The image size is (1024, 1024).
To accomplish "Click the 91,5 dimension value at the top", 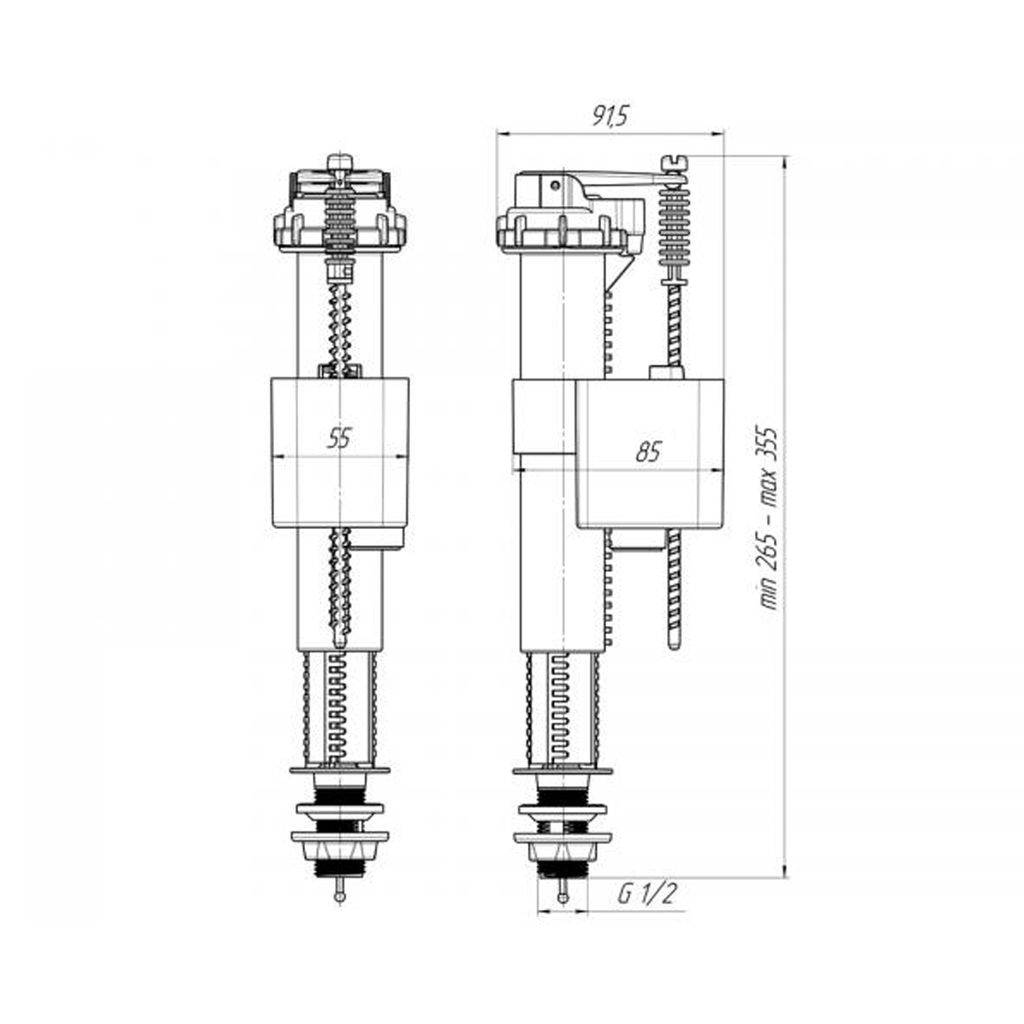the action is [x=610, y=117].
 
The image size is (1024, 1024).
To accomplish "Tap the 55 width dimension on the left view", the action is [x=339, y=438].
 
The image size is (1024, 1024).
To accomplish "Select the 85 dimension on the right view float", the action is [x=648, y=451].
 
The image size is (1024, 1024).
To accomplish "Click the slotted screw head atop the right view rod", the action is [x=674, y=163].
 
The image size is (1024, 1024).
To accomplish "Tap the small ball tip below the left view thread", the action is [x=339, y=896].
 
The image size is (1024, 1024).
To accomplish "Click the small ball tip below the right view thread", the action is [x=563, y=896].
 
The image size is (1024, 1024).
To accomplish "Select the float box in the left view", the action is [x=340, y=453].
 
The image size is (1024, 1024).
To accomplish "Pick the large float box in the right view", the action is [x=650, y=454].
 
